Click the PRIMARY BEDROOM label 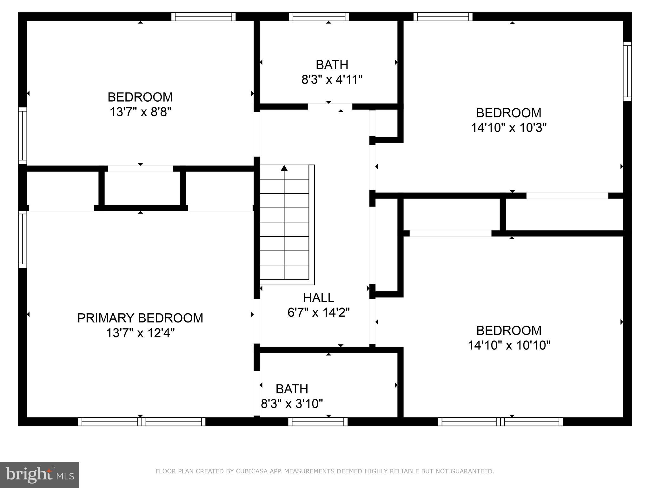tap(140, 318)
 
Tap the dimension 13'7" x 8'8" tap(140, 112)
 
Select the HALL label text tap(318, 298)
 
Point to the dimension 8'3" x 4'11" tap(332, 79)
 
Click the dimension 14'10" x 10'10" tap(509, 345)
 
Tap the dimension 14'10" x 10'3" tap(508, 128)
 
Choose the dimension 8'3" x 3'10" tap(292, 404)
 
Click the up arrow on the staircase tap(284, 168)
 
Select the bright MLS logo tap(39, 475)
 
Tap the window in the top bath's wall tap(319, 17)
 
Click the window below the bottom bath tap(318, 422)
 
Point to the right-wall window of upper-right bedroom tap(627, 71)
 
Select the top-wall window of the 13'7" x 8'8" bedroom tap(203, 17)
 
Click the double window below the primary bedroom tap(142, 422)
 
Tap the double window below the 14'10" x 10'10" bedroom tap(500, 422)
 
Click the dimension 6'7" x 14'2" tap(318, 313)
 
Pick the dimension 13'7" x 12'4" tap(140, 333)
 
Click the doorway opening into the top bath tap(330, 106)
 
